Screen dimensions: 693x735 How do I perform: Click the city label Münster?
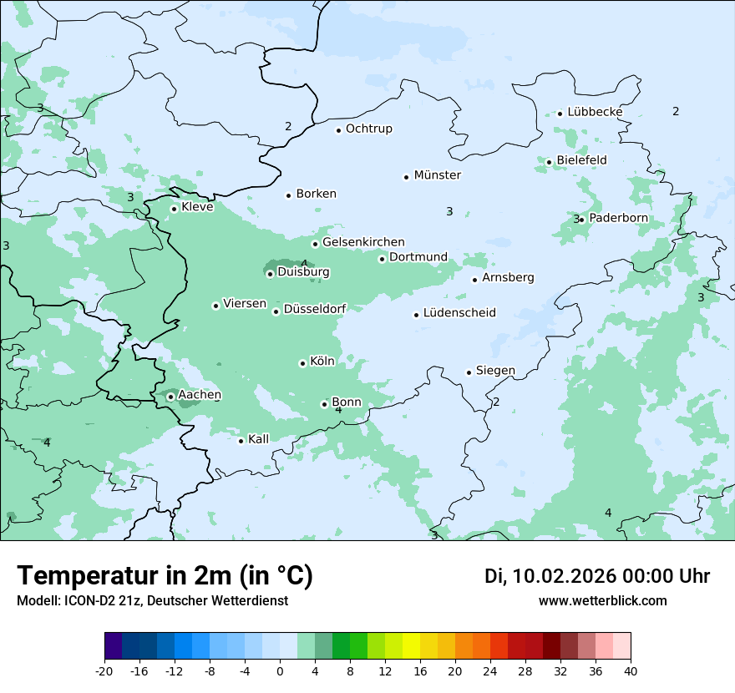(437, 175)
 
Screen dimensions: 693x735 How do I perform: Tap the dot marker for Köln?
(302, 363)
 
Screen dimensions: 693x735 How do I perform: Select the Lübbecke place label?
(595, 112)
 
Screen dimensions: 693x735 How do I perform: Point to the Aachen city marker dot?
(170, 397)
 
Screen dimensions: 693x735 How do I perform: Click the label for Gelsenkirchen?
(363, 242)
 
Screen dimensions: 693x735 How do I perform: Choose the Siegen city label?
(495, 371)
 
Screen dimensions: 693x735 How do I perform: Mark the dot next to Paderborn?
(581, 220)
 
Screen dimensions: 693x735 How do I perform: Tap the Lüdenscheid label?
(459, 313)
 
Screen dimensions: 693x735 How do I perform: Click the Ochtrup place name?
(368, 129)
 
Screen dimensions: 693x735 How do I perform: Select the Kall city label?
(259, 439)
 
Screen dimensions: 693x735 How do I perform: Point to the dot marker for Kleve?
(174, 209)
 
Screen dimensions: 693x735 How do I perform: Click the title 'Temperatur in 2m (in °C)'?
(165, 576)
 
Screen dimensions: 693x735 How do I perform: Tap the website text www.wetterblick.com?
(602, 601)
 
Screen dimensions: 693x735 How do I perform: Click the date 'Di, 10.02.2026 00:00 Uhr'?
(597, 576)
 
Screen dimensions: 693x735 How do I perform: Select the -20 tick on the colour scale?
(104, 671)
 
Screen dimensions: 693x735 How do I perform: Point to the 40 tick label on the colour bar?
(630, 671)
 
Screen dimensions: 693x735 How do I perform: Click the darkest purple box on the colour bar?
(114, 646)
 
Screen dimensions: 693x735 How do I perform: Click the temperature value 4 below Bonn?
(338, 410)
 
